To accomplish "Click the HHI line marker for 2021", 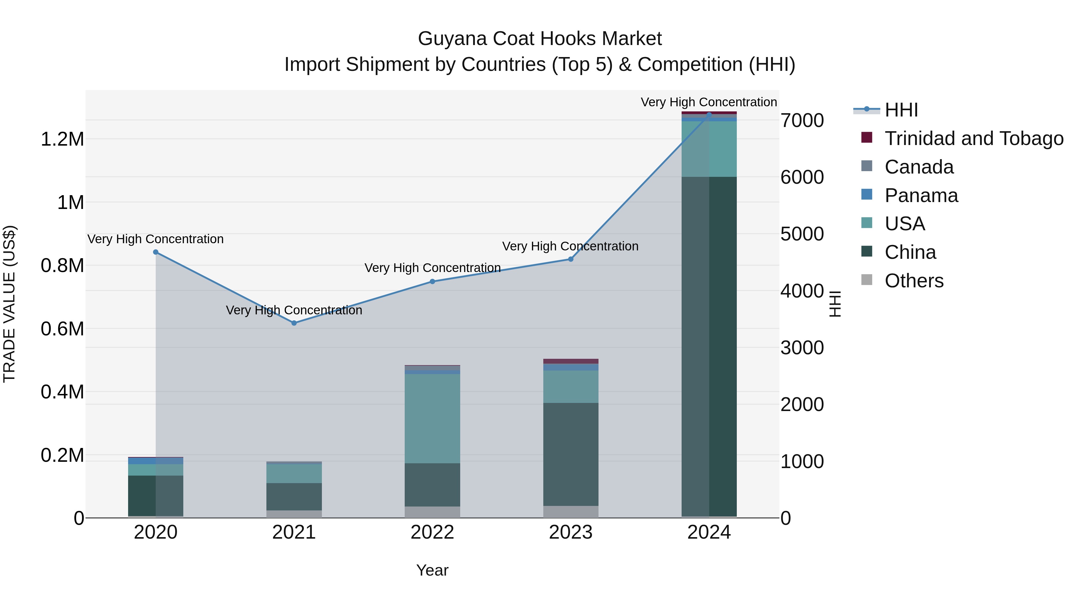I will pos(294,323).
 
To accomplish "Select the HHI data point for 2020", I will pos(155,252).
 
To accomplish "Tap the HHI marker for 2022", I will pos(432,282).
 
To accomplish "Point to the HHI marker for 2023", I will pos(571,259).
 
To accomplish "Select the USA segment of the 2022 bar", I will pos(432,418).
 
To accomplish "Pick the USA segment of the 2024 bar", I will pos(709,149).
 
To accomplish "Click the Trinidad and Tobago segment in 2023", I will pos(571,361).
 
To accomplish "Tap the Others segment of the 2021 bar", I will pos(294,514).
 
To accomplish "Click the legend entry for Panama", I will pos(921,195).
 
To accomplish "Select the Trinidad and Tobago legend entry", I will pos(974,138).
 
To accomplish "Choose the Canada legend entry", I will pos(919,167).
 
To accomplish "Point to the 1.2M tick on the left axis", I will pos(62,139).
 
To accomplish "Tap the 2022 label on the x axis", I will pos(432,532).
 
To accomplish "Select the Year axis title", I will pos(432,570).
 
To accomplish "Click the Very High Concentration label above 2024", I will pos(709,102).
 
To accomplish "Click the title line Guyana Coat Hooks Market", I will pos(540,39).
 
